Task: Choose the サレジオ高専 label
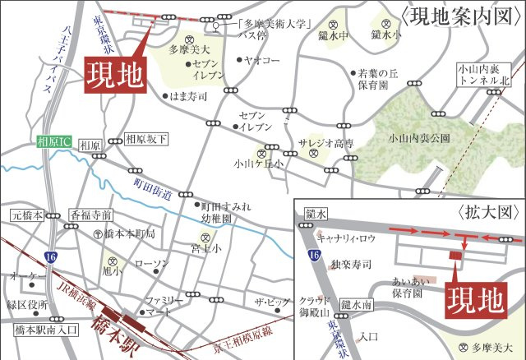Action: [326, 142]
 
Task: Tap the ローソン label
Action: [150, 264]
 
